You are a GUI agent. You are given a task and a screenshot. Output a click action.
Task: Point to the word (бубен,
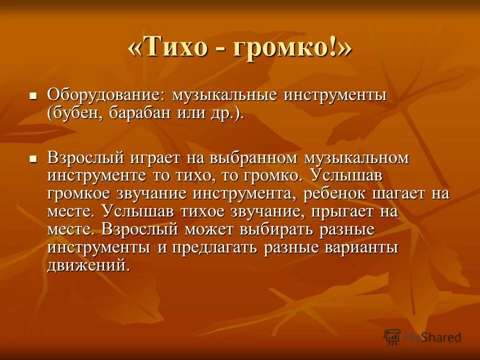73,113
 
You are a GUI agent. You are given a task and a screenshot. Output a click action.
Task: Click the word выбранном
253,159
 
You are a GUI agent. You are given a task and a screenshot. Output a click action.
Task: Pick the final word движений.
88,265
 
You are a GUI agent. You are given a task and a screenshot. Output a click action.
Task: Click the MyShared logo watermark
422,337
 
